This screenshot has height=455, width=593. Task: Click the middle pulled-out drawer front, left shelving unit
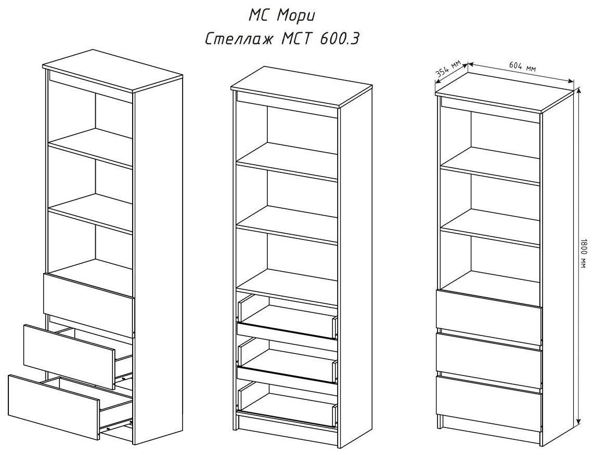pyautogui.click(x=69, y=356)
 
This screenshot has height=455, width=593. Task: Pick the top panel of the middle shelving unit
pyautogui.click(x=302, y=86)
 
